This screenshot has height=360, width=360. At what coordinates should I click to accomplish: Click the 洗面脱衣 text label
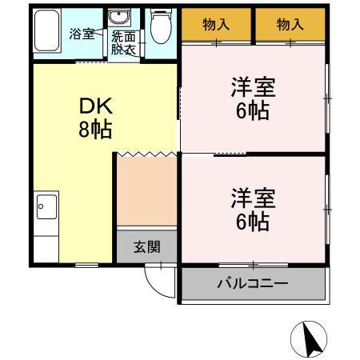pyautogui.click(x=124, y=42)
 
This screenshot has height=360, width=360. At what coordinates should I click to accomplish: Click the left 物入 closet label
pyautogui.click(x=216, y=25)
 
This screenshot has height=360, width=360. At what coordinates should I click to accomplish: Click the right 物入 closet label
pyautogui.click(x=290, y=25)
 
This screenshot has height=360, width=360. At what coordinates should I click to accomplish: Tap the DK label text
pyautogui.click(x=94, y=107)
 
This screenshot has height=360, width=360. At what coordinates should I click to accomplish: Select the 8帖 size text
pyautogui.click(x=94, y=129)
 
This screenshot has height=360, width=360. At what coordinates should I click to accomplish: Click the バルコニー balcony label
pyautogui.click(x=253, y=284)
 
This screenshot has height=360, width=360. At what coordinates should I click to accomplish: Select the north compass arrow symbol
pyautogui.click(x=310, y=339)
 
